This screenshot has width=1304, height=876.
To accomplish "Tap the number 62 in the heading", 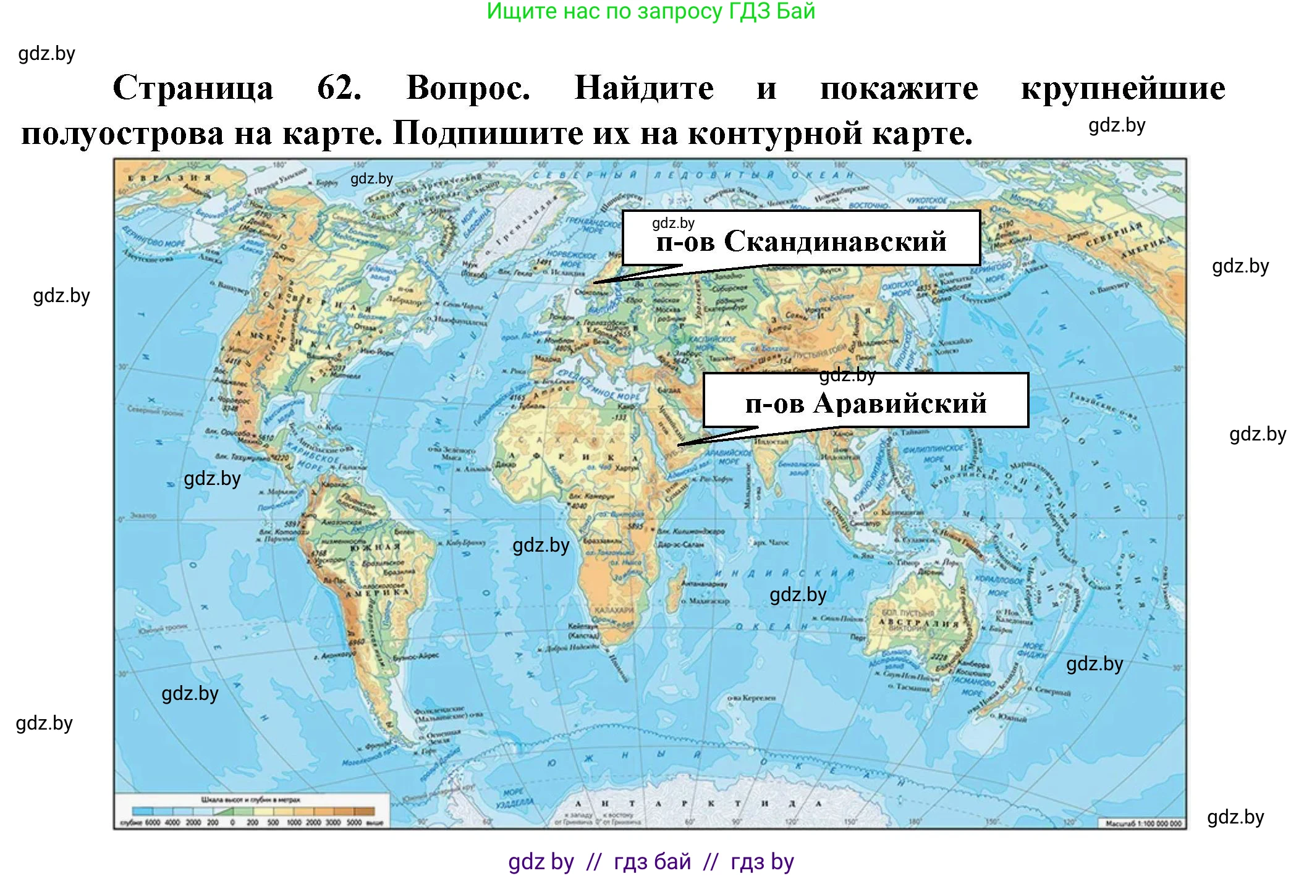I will point(339,88).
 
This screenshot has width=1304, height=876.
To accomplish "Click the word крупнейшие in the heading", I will point(1122,88).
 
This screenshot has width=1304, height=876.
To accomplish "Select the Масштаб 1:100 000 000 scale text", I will point(1143,823).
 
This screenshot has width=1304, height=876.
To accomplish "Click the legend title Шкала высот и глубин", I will point(250,799).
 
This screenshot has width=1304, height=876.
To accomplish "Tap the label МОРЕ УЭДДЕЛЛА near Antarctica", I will point(514,797).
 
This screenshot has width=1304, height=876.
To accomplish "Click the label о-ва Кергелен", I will point(751,697).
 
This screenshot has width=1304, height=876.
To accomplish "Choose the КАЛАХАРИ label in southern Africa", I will point(614,610).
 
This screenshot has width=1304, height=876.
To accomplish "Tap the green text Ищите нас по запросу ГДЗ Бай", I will point(651,11).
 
